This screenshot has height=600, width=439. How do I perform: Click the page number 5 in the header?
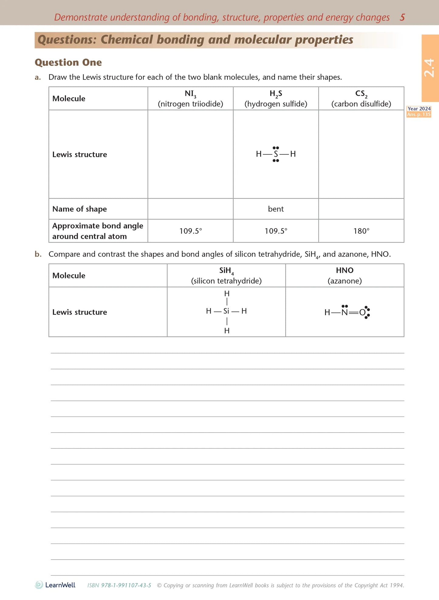coord(402,17)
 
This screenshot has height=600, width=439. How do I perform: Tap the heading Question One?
coord(68,62)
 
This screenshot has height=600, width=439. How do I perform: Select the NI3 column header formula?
coord(190,94)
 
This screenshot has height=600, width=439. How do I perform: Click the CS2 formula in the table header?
coord(361,94)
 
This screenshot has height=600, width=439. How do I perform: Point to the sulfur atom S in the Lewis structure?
coord(276,154)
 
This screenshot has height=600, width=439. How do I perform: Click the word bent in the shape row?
coord(276,209)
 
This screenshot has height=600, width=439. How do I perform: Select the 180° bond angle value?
coord(361,231)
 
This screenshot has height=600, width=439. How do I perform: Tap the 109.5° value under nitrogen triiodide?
coord(190,231)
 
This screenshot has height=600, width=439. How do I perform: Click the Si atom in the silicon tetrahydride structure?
coord(226,311)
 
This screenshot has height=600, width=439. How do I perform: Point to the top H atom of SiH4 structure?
coord(227,293)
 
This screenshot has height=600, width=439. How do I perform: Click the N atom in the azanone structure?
coord(344,312)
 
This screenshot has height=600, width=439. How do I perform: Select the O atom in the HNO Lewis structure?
coord(362,312)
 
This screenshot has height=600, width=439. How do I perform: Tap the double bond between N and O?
coord(353,313)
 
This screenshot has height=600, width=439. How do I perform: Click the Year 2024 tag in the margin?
coord(419,109)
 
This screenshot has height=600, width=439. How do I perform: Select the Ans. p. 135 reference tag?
coord(419,114)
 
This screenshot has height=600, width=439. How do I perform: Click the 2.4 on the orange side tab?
coord(429,68)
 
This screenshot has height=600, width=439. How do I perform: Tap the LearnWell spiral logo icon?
coord(39,585)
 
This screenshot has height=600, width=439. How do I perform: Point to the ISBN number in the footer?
coord(119,585)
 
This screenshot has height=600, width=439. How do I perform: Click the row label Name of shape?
coord(80,209)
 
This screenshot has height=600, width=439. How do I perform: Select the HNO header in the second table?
coord(345,270)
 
